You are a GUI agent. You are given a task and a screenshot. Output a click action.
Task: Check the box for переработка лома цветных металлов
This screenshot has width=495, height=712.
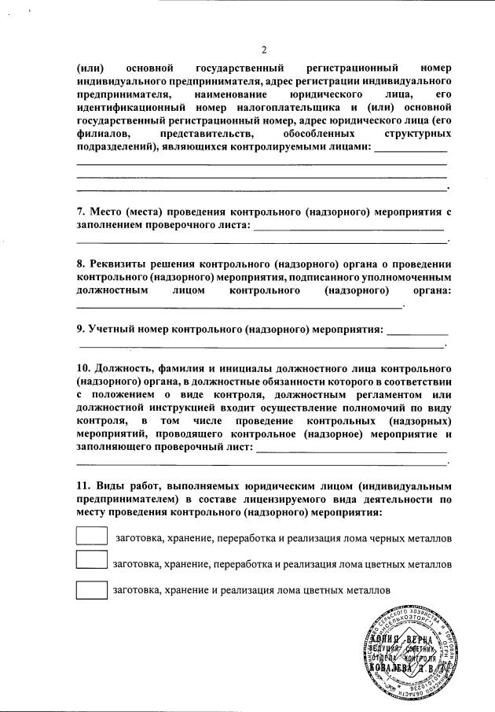click(91, 562)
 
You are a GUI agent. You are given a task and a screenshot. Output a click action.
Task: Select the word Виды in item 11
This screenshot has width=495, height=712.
click(108, 485)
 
